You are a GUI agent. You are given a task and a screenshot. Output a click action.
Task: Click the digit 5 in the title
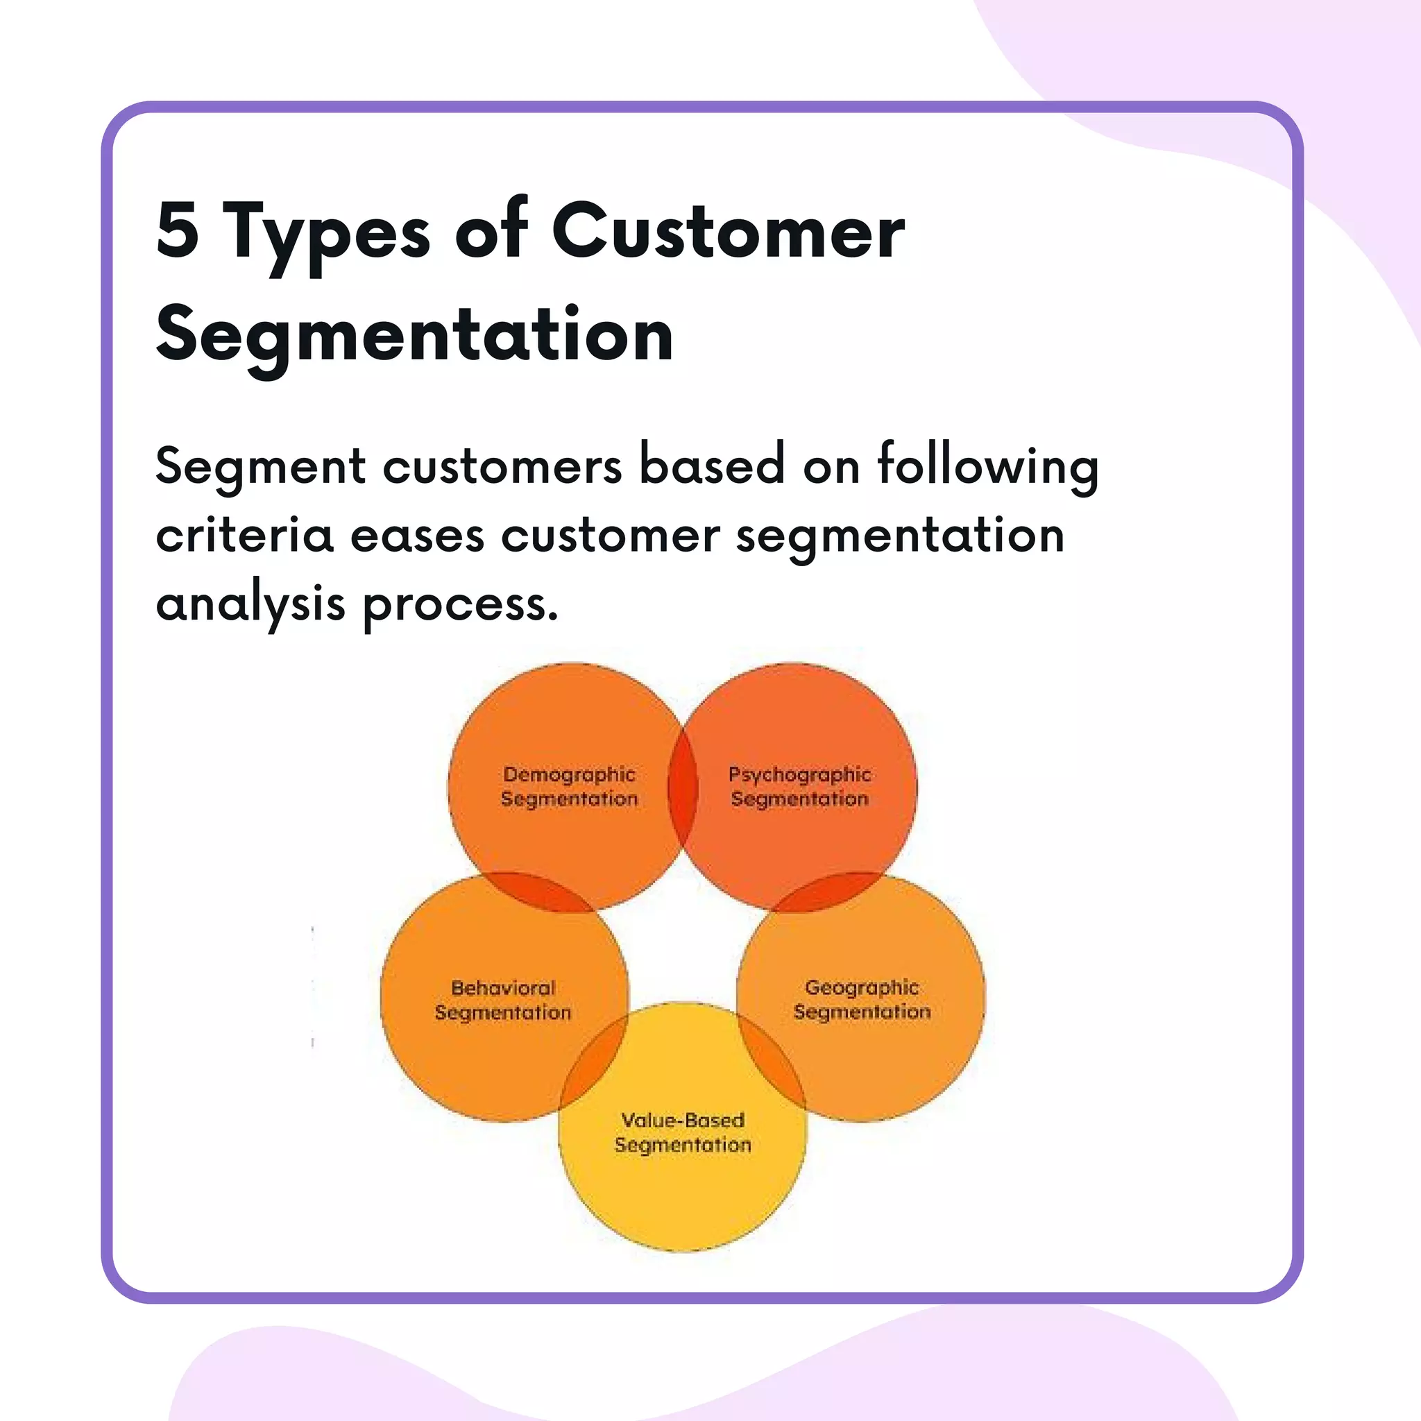pyautogui.click(x=177, y=232)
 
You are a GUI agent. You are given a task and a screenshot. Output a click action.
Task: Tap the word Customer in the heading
pyautogui.click(x=728, y=232)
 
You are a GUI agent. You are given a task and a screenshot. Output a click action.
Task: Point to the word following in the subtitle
pyautogui.click(x=988, y=467)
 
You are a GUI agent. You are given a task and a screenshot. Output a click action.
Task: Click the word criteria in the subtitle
pyautogui.click(x=245, y=535)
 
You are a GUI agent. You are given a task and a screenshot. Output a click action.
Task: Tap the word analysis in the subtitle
pyautogui.click(x=250, y=604)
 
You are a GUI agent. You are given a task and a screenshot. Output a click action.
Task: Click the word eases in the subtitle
pyautogui.click(x=417, y=536)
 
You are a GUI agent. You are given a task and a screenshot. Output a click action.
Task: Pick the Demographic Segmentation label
pyautogui.click(x=569, y=786)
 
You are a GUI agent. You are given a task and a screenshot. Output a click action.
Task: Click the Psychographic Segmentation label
pyautogui.click(x=799, y=786)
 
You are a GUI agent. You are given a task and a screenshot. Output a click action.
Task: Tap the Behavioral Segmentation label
pyautogui.click(x=503, y=1000)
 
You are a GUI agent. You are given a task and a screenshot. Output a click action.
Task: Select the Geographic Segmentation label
pyautogui.click(x=862, y=999)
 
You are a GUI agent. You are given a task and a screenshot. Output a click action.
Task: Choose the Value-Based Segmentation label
pyautogui.click(x=683, y=1132)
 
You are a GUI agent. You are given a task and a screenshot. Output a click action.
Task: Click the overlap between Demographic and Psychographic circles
pyautogui.click(x=683, y=787)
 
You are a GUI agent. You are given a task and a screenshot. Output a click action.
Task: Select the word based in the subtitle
pyautogui.click(x=712, y=466)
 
